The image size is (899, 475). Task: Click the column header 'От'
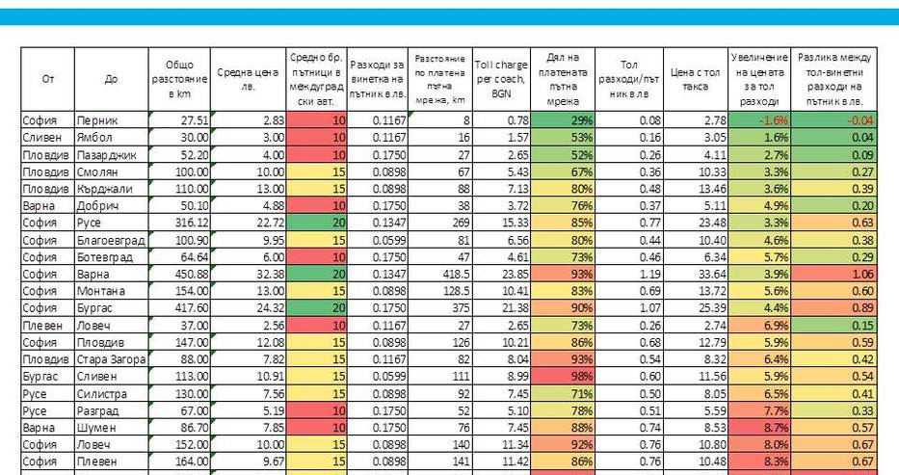pos(47,79)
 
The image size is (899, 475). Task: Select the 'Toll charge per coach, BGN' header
pos(501,79)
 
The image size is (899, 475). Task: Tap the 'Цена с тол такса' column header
pos(695,80)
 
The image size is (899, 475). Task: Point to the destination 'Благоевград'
pos(111,240)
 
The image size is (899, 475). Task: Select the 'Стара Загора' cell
pos(111,359)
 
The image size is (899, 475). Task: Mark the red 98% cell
pos(563,377)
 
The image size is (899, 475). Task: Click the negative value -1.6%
pos(759,120)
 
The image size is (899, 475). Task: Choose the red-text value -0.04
pos(833,120)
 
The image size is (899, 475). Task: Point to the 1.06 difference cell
pos(833,274)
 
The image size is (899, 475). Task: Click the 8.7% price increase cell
pos(759,428)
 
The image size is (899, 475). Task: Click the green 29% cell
pos(563,120)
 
